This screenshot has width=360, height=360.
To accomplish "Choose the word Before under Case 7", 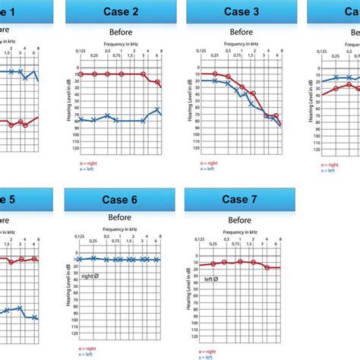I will [x=241, y=218].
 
